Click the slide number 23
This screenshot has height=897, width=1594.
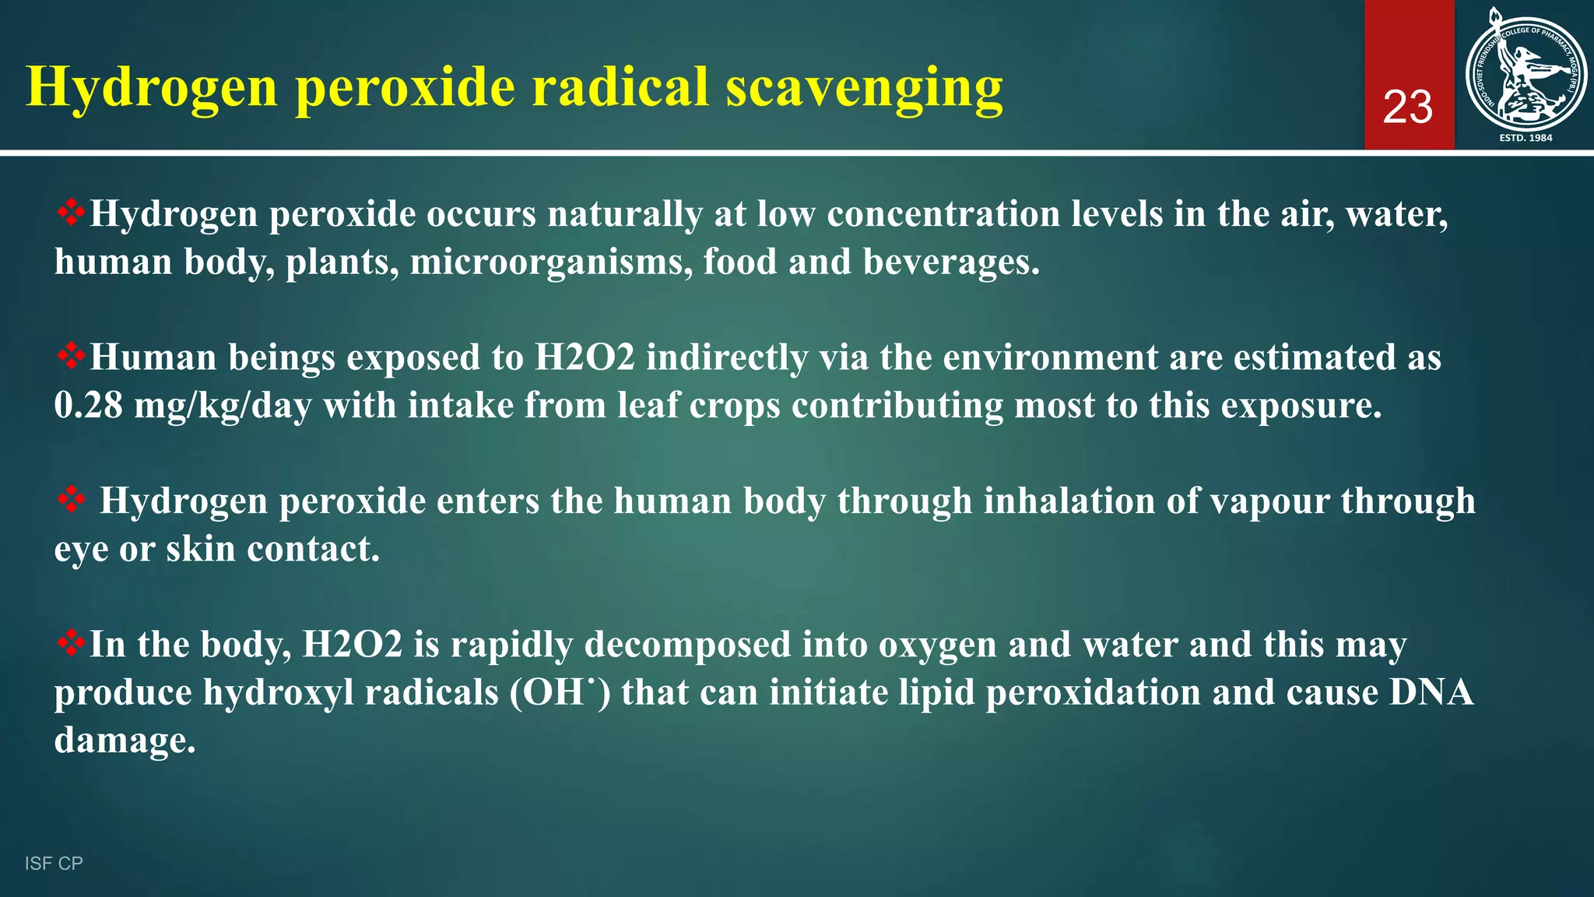(1408, 107)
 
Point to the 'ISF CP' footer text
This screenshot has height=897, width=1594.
(54, 864)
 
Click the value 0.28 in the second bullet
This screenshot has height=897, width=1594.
(89, 406)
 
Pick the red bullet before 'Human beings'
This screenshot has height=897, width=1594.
(71, 357)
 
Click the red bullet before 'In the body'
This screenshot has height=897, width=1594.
(71, 644)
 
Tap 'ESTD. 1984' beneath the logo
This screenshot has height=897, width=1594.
(1526, 138)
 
